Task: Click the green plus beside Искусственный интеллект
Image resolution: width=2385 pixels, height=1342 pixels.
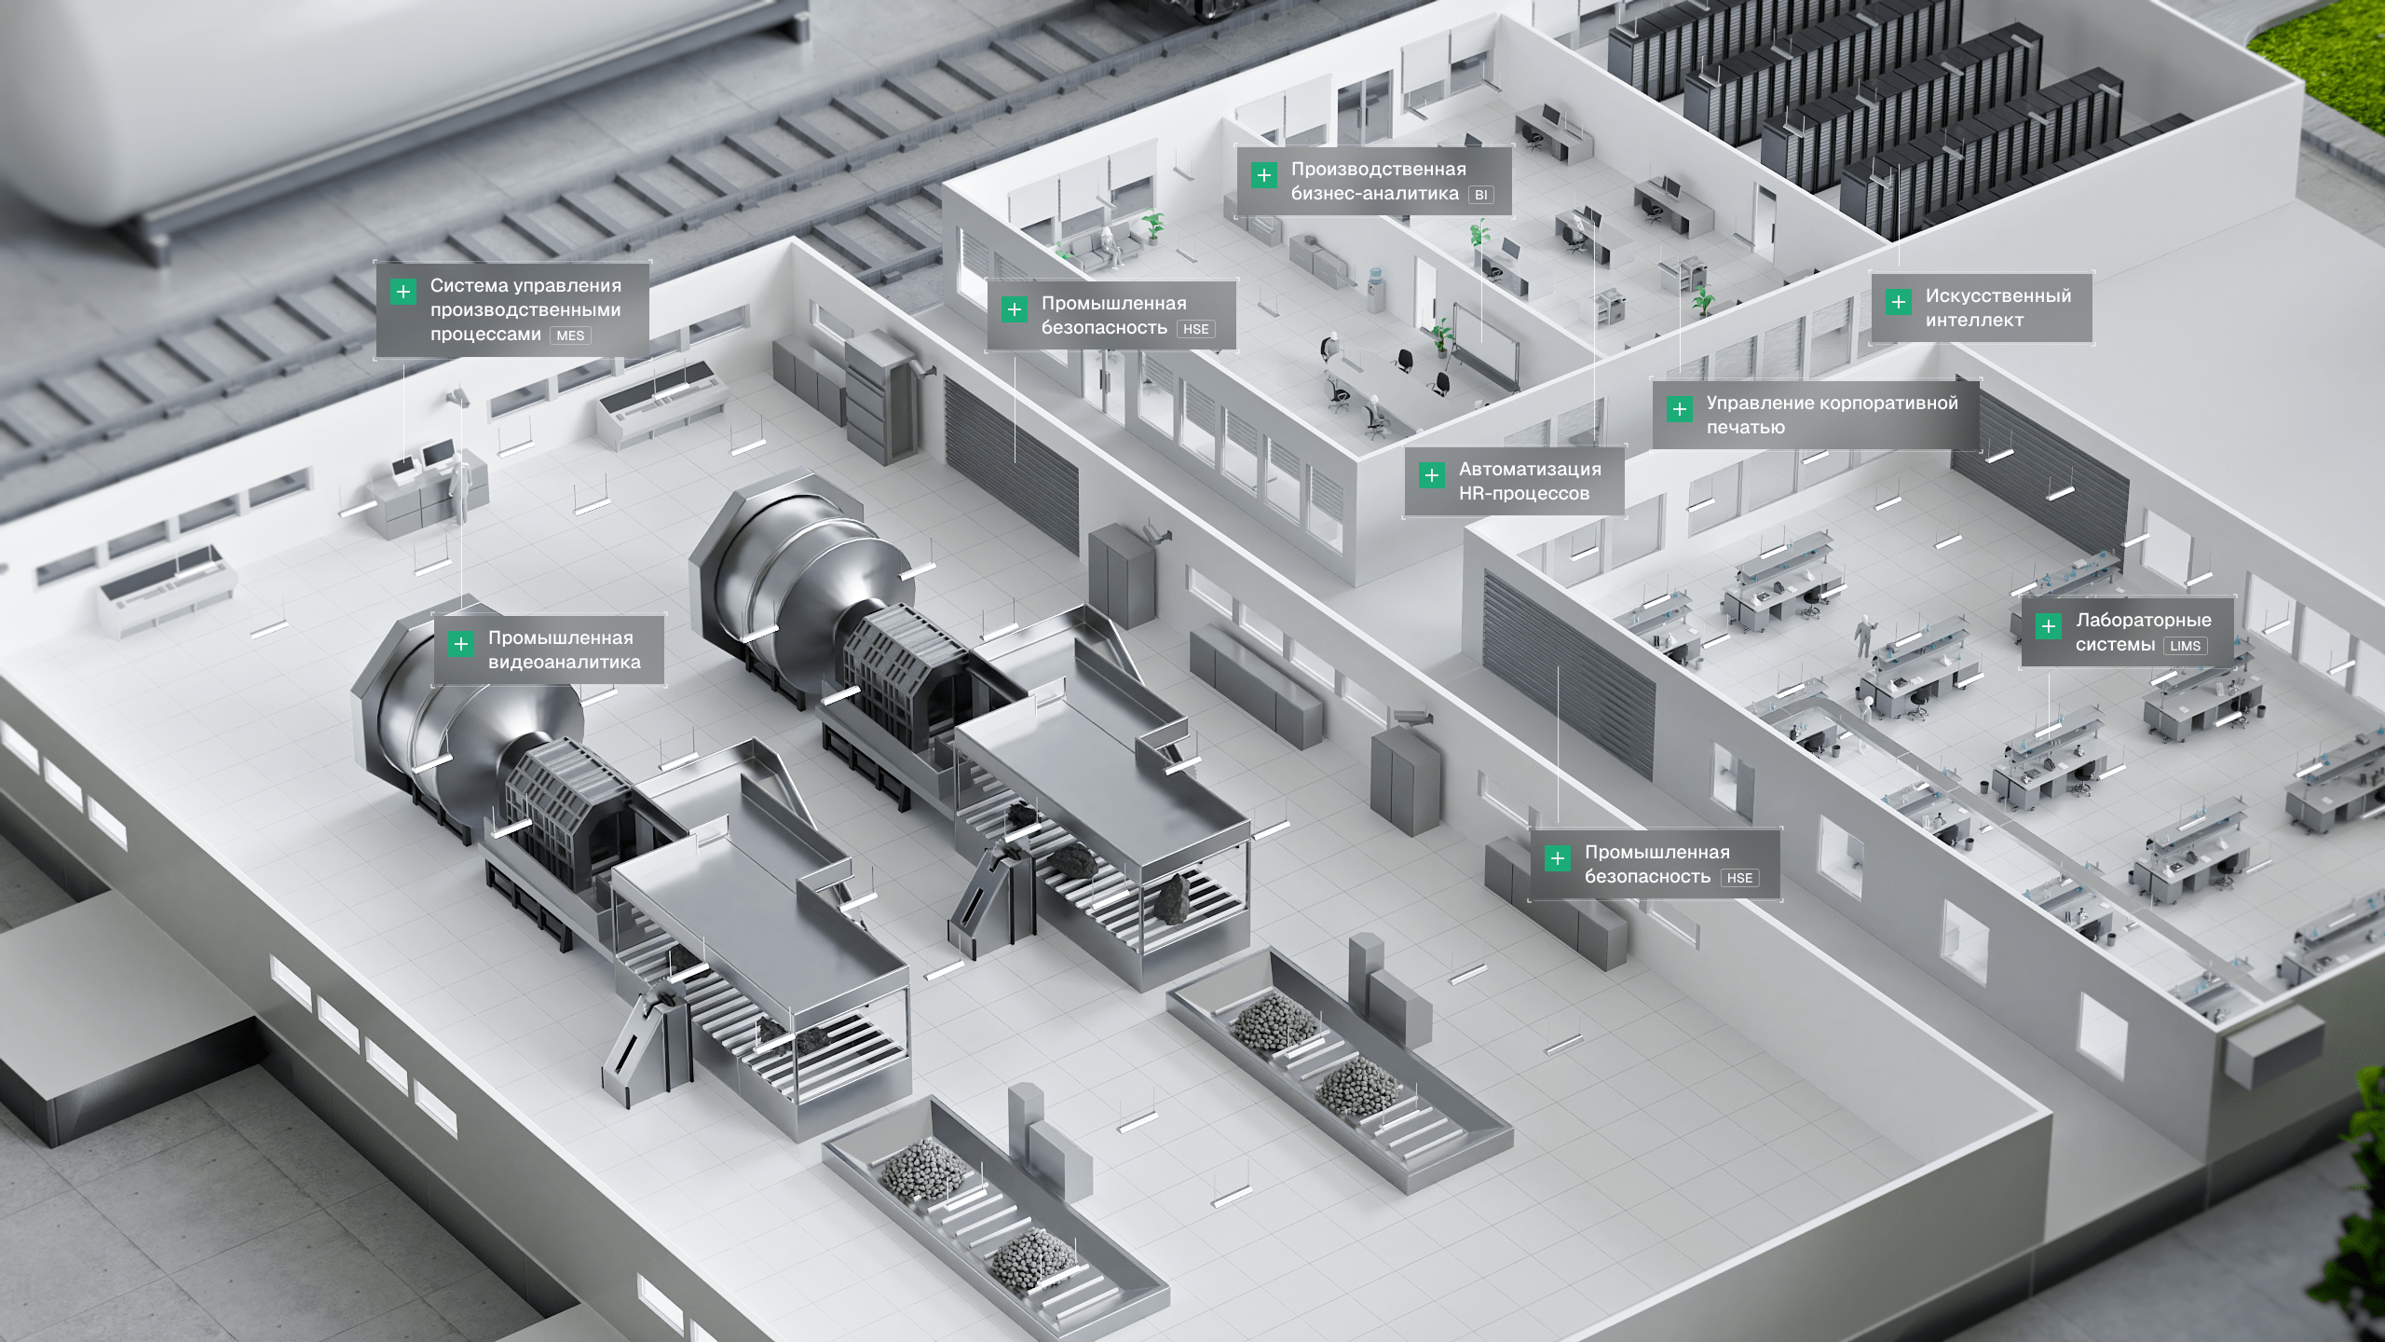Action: coord(1898,302)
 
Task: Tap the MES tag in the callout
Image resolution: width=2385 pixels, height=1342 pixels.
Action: coord(570,335)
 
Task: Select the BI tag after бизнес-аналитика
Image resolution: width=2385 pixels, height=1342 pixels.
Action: coord(1480,195)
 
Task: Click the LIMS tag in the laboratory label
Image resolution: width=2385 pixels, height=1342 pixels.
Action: coord(2185,646)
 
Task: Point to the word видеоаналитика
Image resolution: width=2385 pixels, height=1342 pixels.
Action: coord(565,662)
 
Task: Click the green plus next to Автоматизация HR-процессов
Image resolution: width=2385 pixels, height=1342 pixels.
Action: coord(1431,475)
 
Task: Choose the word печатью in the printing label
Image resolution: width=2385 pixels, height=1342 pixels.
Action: coord(1746,428)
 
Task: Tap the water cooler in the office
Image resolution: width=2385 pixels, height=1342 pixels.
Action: coord(1375,288)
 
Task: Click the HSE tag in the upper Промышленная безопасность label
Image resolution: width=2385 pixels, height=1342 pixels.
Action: coord(1195,329)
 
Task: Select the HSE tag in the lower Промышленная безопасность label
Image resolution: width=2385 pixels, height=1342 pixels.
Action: coord(1739,878)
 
